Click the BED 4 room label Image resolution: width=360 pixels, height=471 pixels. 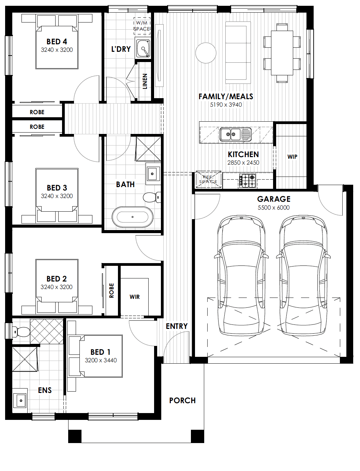coord(57,42)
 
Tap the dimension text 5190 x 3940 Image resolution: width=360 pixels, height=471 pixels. coord(226,105)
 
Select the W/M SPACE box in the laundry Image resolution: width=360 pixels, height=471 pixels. coord(142,26)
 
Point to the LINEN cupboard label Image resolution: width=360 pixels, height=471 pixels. coord(145,81)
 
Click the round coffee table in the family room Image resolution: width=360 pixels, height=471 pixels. coord(206,53)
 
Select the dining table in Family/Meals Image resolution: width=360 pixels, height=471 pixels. coord(282,53)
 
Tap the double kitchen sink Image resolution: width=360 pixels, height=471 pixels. coord(235,134)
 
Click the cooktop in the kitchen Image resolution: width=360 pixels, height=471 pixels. coord(248,181)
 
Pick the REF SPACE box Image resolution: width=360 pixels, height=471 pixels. coord(208,179)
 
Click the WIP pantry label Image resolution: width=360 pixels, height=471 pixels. coord(292,157)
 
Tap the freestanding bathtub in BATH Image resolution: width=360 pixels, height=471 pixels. coord(133,217)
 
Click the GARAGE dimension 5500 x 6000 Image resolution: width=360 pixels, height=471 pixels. coord(273,208)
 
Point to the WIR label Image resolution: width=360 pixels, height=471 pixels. coord(135,297)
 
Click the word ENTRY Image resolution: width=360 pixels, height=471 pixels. coord(177,326)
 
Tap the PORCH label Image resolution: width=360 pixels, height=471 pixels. coord(182,400)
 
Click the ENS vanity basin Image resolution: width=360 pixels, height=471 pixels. coord(20,400)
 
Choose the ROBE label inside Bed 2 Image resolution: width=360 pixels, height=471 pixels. coord(111,290)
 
